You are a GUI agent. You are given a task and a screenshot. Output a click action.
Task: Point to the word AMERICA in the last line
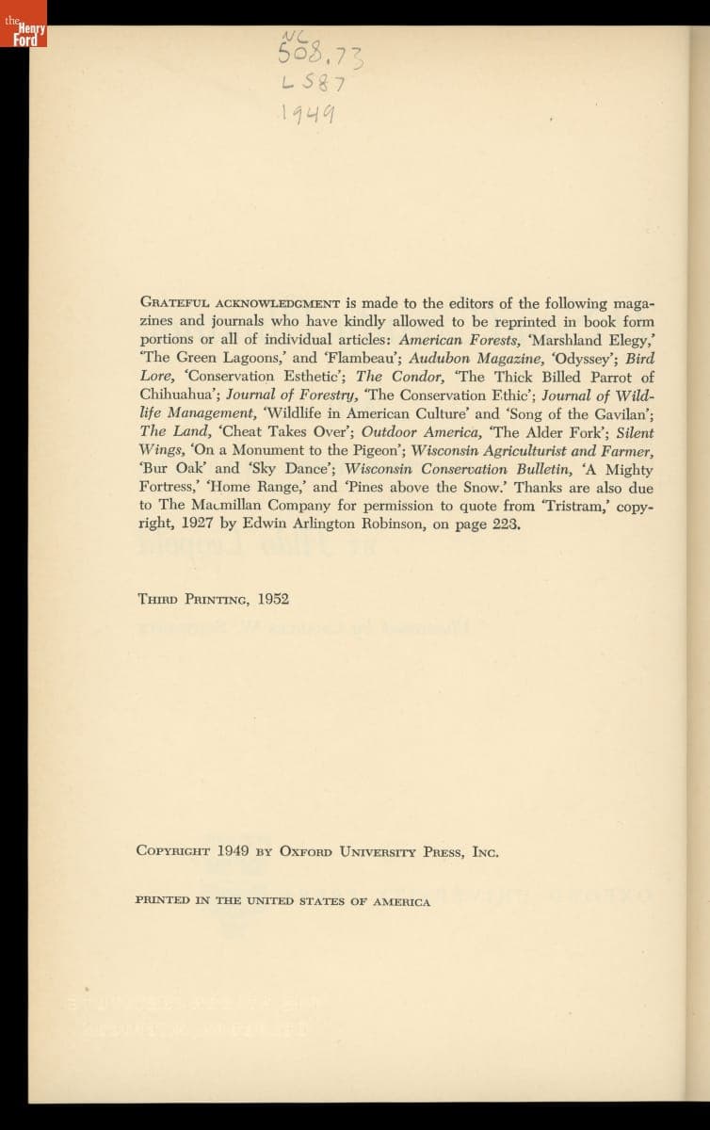point(402,901)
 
